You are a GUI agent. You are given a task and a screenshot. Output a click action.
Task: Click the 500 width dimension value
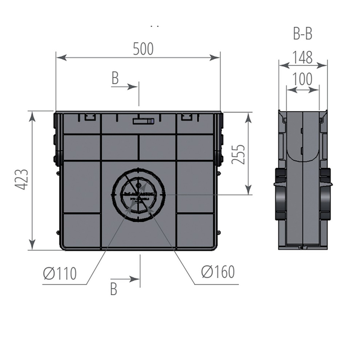143,49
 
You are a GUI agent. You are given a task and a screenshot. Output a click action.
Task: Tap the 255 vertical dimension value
238,154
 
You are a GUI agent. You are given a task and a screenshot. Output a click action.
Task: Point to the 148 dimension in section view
302,57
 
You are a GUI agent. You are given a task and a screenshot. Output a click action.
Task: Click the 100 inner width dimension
302,79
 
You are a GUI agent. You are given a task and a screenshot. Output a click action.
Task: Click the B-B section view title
302,35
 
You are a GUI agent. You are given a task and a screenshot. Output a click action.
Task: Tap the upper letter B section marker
115,78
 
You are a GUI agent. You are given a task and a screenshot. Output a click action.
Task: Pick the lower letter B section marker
114,289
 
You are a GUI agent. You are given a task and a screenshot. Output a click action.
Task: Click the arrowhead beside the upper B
133,86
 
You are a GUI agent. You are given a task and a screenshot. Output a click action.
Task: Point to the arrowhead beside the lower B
135,279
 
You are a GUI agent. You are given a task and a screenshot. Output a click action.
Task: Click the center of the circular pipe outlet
139,194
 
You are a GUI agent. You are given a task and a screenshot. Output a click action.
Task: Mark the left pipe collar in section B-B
280,194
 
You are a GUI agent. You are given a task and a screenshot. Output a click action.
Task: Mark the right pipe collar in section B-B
326,194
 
